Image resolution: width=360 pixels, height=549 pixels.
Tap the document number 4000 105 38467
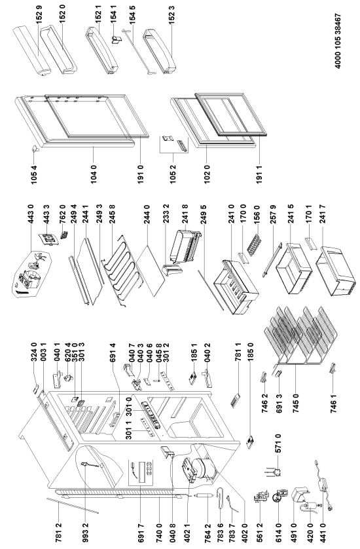pos(338,41)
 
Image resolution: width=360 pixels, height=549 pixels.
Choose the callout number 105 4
pos(33,175)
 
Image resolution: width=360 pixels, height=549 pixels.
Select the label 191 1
pos(259,175)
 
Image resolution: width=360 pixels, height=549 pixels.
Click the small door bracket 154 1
pos(115,39)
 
